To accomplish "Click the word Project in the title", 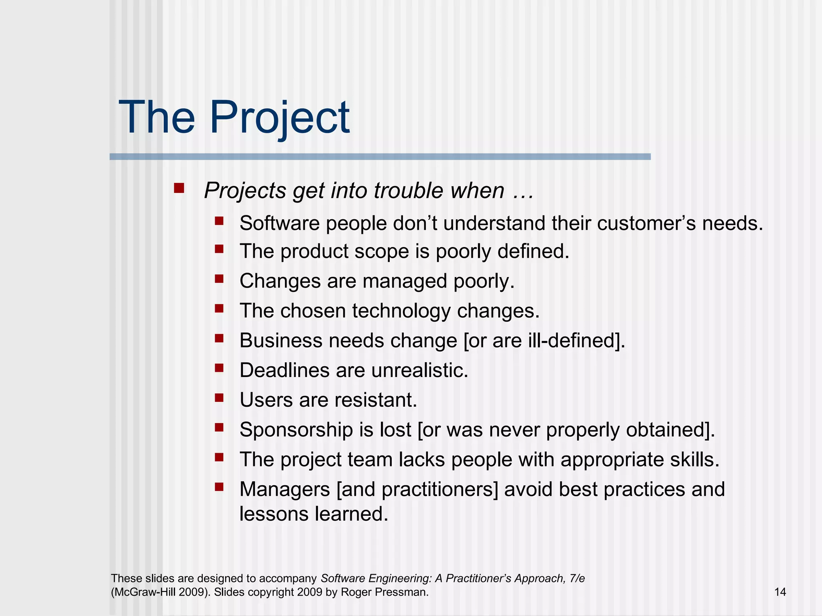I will tap(279, 118).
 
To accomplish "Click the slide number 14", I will tap(780, 592).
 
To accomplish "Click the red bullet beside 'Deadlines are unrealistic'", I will tap(219, 368).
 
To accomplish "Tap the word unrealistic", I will tap(419, 370).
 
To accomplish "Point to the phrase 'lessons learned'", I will tap(313, 514).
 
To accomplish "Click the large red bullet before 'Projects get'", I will tap(179, 188).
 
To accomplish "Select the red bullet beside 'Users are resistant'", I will tap(219, 397).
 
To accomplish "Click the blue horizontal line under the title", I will tap(380, 156).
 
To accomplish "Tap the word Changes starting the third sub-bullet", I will tap(280, 281).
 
